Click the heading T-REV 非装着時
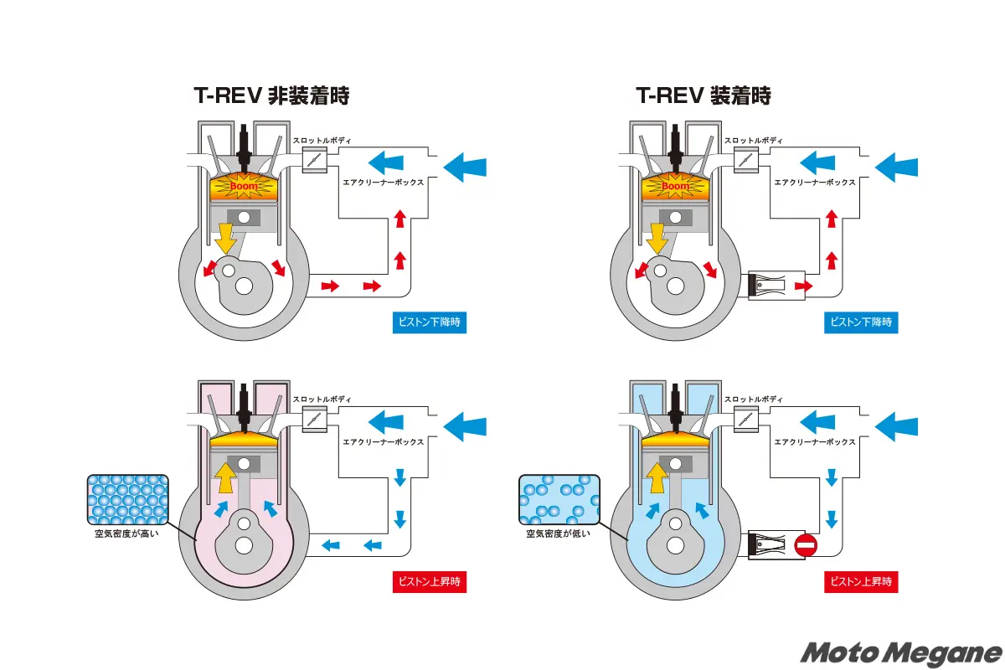(x=271, y=95)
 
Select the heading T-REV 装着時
(x=703, y=95)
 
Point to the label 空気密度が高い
(x=127, y=533)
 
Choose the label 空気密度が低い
(x=559, y=533)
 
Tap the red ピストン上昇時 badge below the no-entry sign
(x=862, y=581)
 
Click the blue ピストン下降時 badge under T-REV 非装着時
(x=430, y=322)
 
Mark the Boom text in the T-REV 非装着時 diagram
(x=243, y=186)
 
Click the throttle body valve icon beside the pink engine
(x=315, y=420)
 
